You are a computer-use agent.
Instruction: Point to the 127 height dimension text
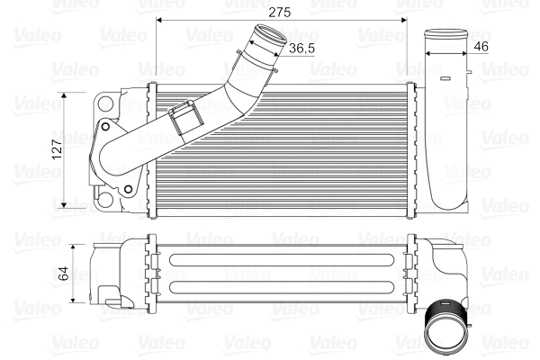coord(57,149)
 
